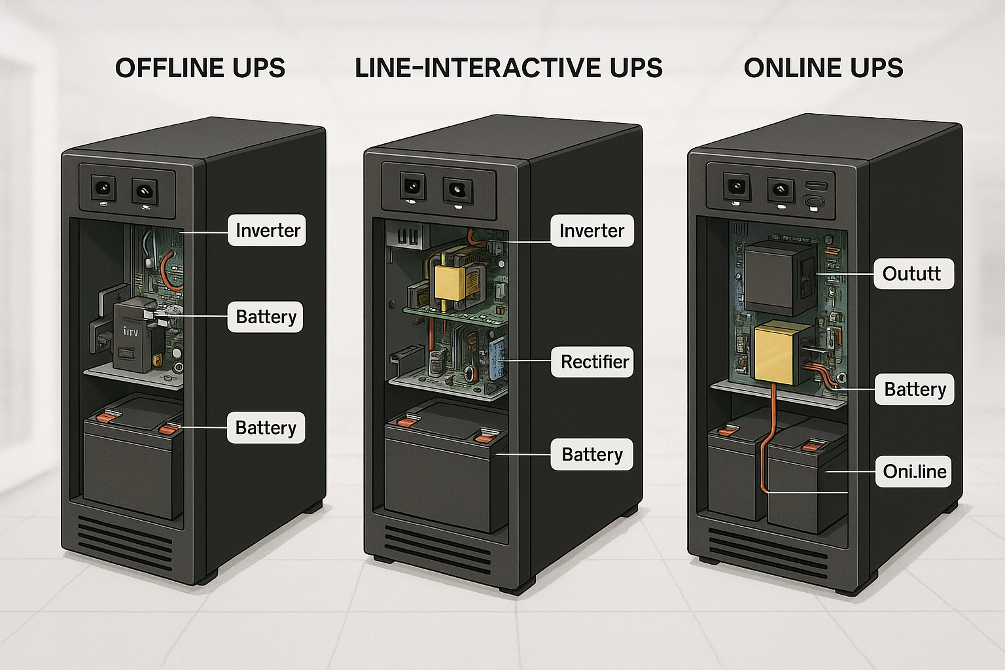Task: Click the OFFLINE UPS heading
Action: pyautogui.click(x=200, y=68)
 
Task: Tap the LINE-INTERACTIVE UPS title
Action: pyautogui.click(x=508, y=68)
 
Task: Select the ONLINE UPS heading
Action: pyautogui.click(x=823, y=68)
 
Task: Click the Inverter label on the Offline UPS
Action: pyautogui.click(x=267, y=230)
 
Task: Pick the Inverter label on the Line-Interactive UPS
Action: pyautogui.click(x=591, y=231)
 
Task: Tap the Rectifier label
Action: pyautogui.click(x=594, y=362)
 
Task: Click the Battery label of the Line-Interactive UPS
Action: pyautogui.click(x=591, y=455)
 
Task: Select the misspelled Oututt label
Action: pyautogui.click(x=912, y=273)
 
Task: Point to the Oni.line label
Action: pyautogui.click(x=914, y=472)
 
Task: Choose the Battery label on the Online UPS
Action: pyautogui.click(x=915, y=390)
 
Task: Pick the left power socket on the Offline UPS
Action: pyautogui.click(x=103, y=189)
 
